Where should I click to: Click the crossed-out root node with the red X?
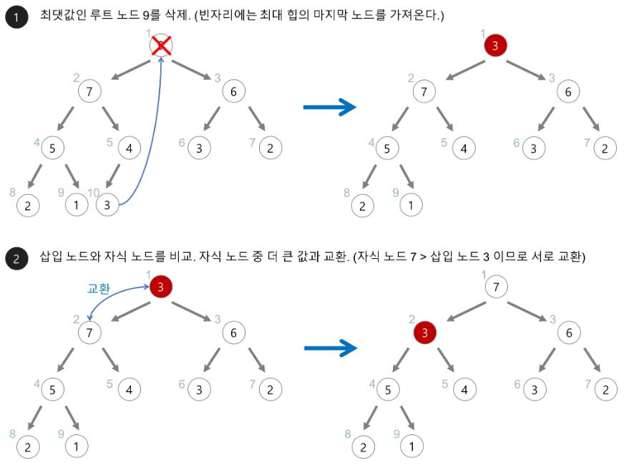pos(162,46)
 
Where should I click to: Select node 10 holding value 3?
pos(107,204)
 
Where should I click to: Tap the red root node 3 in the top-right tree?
pos(495,46)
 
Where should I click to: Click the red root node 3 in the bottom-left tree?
pos(162,287)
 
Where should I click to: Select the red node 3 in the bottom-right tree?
pos(425,333)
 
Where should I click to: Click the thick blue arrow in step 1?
pos(329,108)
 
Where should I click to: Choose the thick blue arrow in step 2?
pos(329,349)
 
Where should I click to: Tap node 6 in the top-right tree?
pos(567,91)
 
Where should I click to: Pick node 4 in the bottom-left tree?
pos(130,390)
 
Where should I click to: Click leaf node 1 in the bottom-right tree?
pos(411,446)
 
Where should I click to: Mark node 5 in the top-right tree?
pos(387,148)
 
